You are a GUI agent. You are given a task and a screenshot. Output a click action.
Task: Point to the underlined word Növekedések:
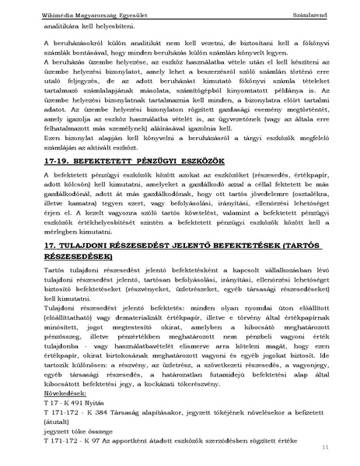tap(66, 394)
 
